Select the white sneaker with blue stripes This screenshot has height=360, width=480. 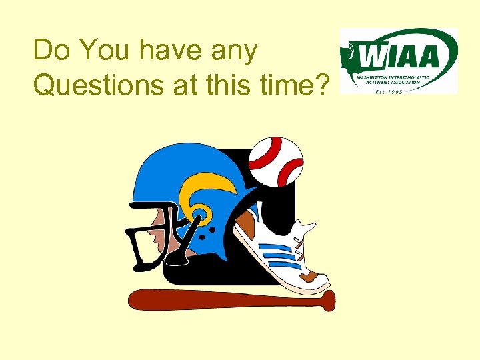click(284, 250)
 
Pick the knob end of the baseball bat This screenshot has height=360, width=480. click(331, 301)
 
